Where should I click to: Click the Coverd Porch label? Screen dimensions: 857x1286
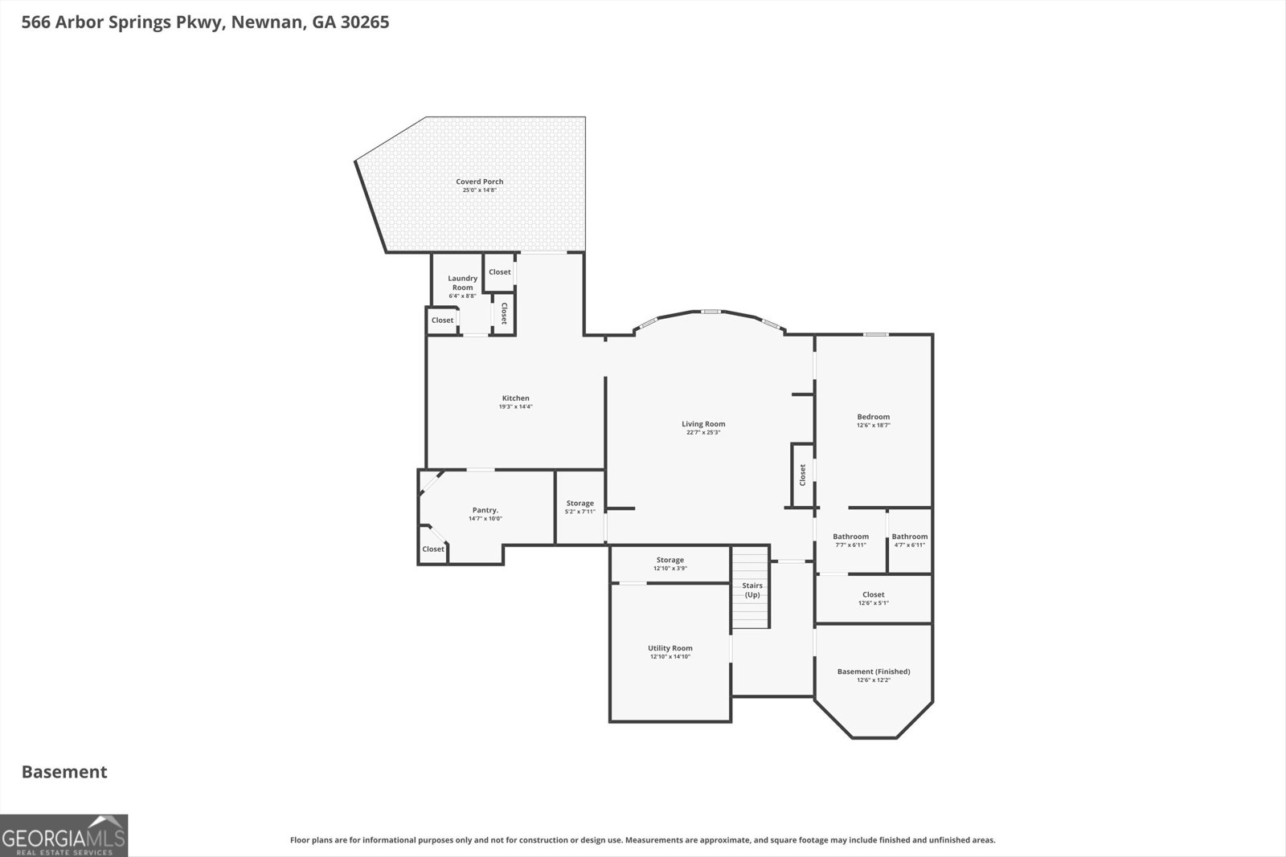[479, 182]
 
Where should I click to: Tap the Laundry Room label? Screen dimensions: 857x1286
[462, 283]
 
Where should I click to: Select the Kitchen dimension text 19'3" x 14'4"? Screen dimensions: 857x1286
[515, 407]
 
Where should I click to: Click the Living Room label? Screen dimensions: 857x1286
[703, 424]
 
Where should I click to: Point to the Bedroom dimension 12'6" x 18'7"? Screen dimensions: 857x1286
[873, 426]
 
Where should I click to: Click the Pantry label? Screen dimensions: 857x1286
[485, 510]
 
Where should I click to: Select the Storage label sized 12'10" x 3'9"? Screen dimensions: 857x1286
[670, 560]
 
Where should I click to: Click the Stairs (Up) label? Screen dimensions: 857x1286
[752, 590]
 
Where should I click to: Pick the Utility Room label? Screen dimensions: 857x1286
[670, 648]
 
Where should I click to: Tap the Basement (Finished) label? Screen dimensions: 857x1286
[873, 671]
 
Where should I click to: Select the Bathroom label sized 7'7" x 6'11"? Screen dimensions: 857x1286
[850, 537]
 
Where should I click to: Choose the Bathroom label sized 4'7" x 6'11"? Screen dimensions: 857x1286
[909, 537]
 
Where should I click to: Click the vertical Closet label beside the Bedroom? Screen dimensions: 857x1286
[802, 475]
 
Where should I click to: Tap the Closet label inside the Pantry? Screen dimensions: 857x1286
[432, 549]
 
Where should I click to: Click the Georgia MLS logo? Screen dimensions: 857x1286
[63, 835]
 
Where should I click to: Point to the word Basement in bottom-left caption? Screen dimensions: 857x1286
[64, 772]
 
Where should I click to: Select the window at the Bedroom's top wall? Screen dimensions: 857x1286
[876, 334]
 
